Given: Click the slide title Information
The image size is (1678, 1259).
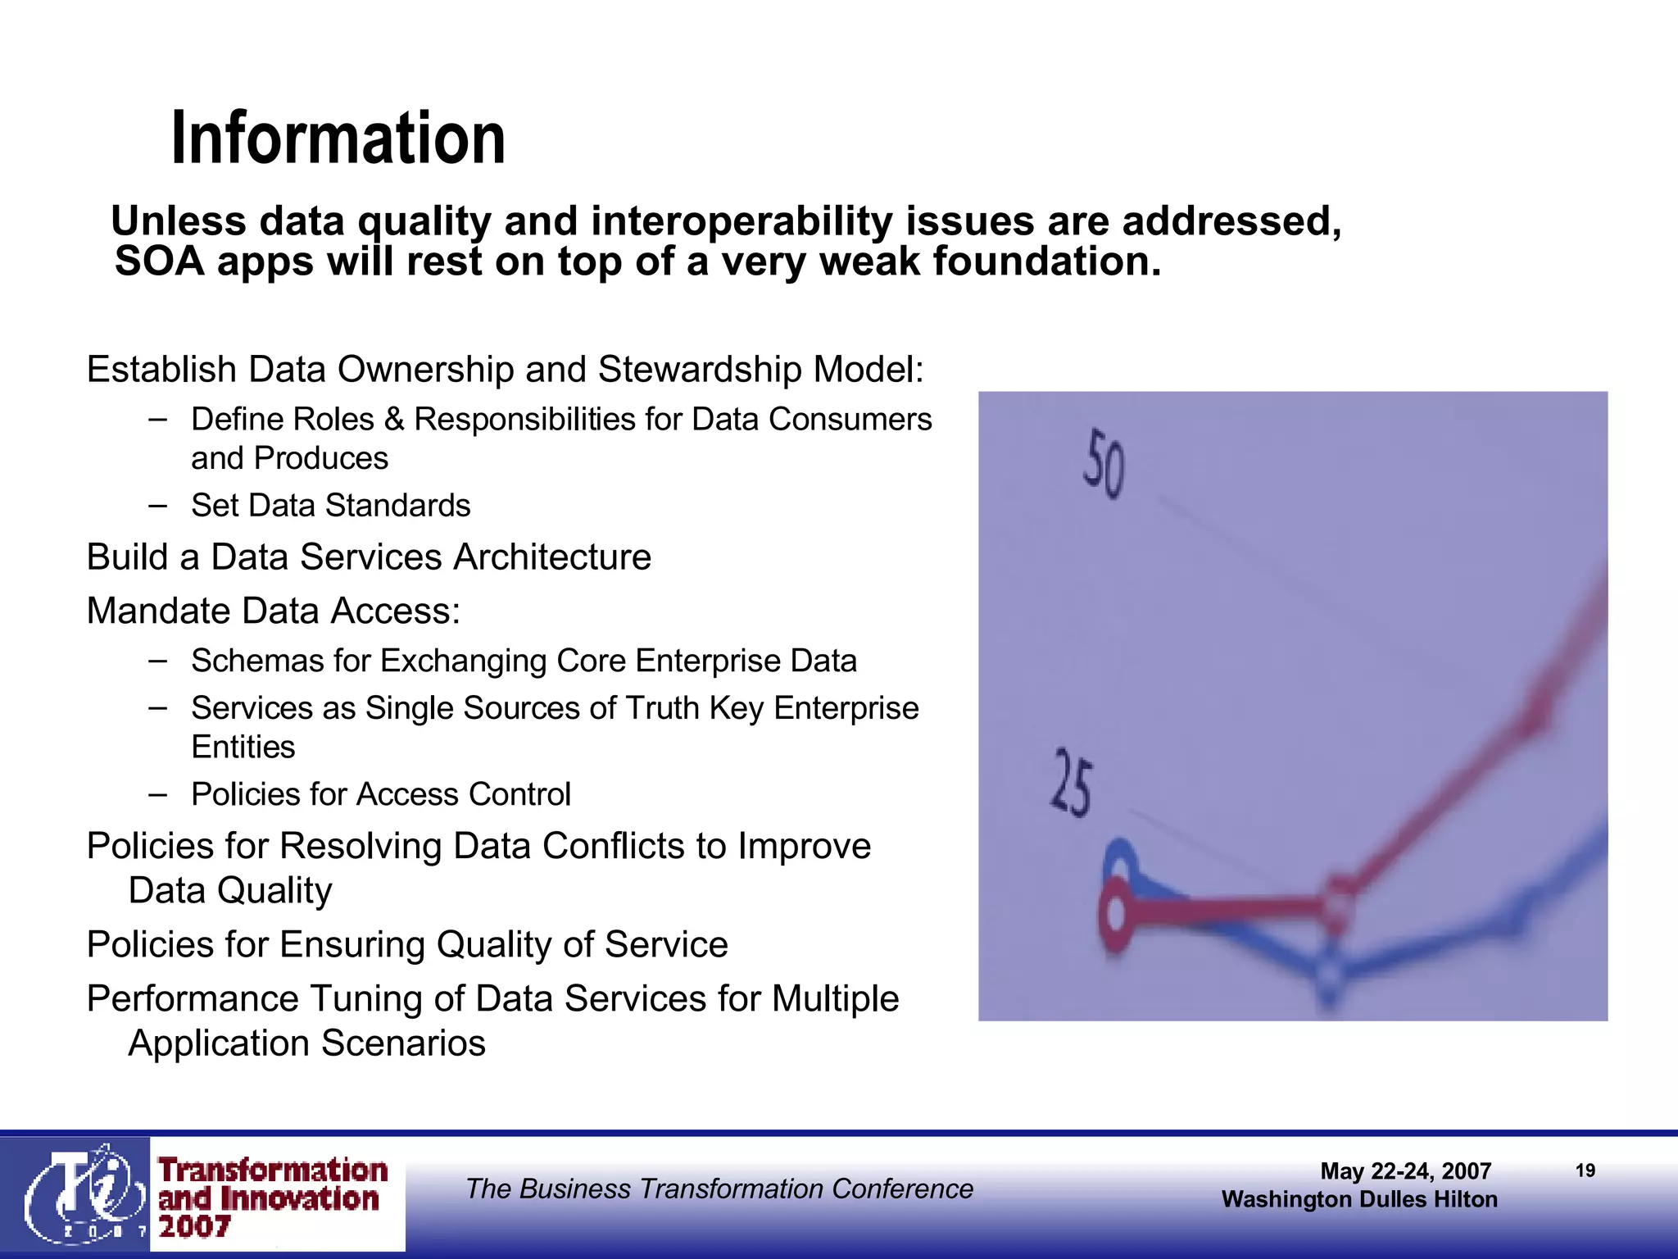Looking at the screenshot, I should (338, 139).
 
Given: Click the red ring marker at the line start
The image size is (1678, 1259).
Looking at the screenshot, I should (1115, 911).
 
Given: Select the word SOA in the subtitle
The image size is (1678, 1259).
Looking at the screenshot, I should (157, 261).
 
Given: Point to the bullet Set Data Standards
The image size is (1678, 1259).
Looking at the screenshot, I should (330, 506).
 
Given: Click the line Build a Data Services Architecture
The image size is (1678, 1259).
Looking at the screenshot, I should (369, 557).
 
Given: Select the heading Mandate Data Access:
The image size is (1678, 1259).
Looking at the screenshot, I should (274, 611).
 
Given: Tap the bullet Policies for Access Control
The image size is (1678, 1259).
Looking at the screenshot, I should (380, 794).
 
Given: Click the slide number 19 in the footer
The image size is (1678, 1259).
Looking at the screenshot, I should (1585, 1170).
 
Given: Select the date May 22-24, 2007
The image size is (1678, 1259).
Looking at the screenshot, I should (1405, 1171).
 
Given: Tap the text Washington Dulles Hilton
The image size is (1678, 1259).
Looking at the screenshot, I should (1358, 1199).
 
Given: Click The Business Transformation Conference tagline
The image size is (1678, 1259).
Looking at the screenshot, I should (719, 1189).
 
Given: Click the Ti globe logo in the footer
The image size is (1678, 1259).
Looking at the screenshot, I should (78, 1193).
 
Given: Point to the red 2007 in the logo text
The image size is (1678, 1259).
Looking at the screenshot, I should (194, 1227).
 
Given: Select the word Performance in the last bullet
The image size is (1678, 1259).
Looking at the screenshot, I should (193, 999).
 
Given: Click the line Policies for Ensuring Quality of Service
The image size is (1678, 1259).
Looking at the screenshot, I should (407, 945).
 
